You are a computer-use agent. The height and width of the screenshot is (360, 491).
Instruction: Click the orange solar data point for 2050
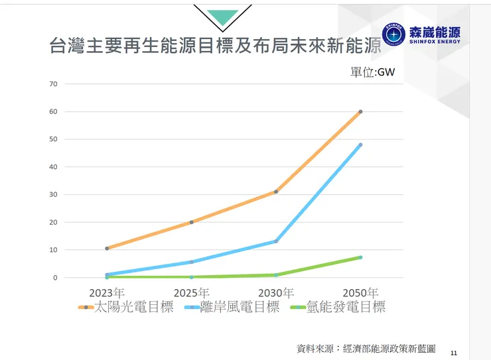coord(360,111)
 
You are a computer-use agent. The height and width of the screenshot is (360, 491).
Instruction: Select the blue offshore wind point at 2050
coord(360,145)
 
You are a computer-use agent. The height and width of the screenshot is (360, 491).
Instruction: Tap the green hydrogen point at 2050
coord(360,257)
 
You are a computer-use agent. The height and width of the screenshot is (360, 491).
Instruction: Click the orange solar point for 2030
coord(275,192)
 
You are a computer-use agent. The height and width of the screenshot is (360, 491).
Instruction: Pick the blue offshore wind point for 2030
coord(275,241)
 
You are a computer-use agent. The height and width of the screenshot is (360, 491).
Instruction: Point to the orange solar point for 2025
coord(191,222)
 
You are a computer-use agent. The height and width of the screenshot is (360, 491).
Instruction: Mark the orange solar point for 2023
coord(107,249)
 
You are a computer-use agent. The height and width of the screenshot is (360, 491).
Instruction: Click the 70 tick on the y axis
coord(54,84)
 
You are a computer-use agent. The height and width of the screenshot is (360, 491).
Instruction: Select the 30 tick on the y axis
coord(54,195)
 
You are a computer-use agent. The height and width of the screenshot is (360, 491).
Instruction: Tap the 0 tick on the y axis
coord(56,278)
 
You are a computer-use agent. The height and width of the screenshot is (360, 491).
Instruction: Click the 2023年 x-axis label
coord(107,292)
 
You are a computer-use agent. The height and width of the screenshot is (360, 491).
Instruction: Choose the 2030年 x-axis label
coord(275,292)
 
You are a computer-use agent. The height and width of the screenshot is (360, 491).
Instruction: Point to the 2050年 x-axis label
coord(360,292)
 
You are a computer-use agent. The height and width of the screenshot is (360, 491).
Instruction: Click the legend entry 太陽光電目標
coord(133,307)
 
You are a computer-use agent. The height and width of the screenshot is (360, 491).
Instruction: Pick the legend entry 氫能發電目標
coord(346,307)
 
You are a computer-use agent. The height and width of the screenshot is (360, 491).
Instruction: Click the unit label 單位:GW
coord(372,72)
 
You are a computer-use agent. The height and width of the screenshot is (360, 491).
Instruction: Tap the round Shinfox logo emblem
coord(394,34)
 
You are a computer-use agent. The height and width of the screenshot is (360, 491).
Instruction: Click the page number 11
coord(454,353)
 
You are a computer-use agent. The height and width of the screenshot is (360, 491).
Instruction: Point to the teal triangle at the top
coord(222,17)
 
